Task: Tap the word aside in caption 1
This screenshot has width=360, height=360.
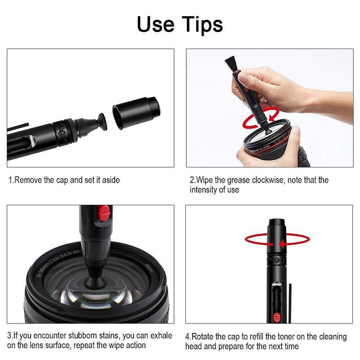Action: (x=111, y=180)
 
